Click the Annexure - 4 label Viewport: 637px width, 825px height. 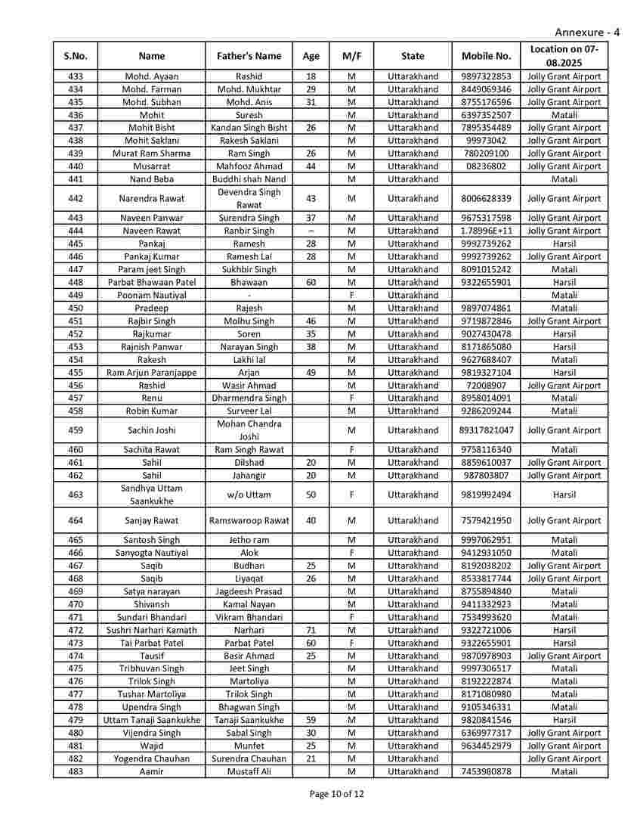[x=587, y=33]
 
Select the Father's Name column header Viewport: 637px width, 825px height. [x=249, y=56]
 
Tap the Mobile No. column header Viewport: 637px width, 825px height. [x=486, y=56]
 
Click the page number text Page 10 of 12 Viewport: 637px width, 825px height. [x=337, y=793]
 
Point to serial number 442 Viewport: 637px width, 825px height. [x=76, y=199]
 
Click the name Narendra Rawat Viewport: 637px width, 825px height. [x=152, y=199]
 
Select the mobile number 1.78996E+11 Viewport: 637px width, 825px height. [x=486, y=231]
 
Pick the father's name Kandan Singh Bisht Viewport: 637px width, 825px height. [x=249, y=128]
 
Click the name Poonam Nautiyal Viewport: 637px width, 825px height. [x=152, y=295]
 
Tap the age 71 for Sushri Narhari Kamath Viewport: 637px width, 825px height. [x=311, y=630]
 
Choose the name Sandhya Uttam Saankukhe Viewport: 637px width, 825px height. [x=152, y=495]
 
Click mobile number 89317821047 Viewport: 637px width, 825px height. [x=486, y=430]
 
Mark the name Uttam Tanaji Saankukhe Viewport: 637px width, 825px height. [x=152, y=720]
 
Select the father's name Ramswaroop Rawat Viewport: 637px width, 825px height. [x=249, y=520]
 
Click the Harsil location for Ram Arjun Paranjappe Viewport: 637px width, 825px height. [x=564, y=372]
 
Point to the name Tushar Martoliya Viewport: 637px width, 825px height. [x=152, y=694]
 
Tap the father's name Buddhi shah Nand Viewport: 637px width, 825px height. [x=249, y=179]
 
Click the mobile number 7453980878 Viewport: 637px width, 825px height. [x=486, y=771]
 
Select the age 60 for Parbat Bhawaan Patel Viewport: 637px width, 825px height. [x=311, y=282]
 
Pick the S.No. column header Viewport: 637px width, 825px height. [x=76, y=56]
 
